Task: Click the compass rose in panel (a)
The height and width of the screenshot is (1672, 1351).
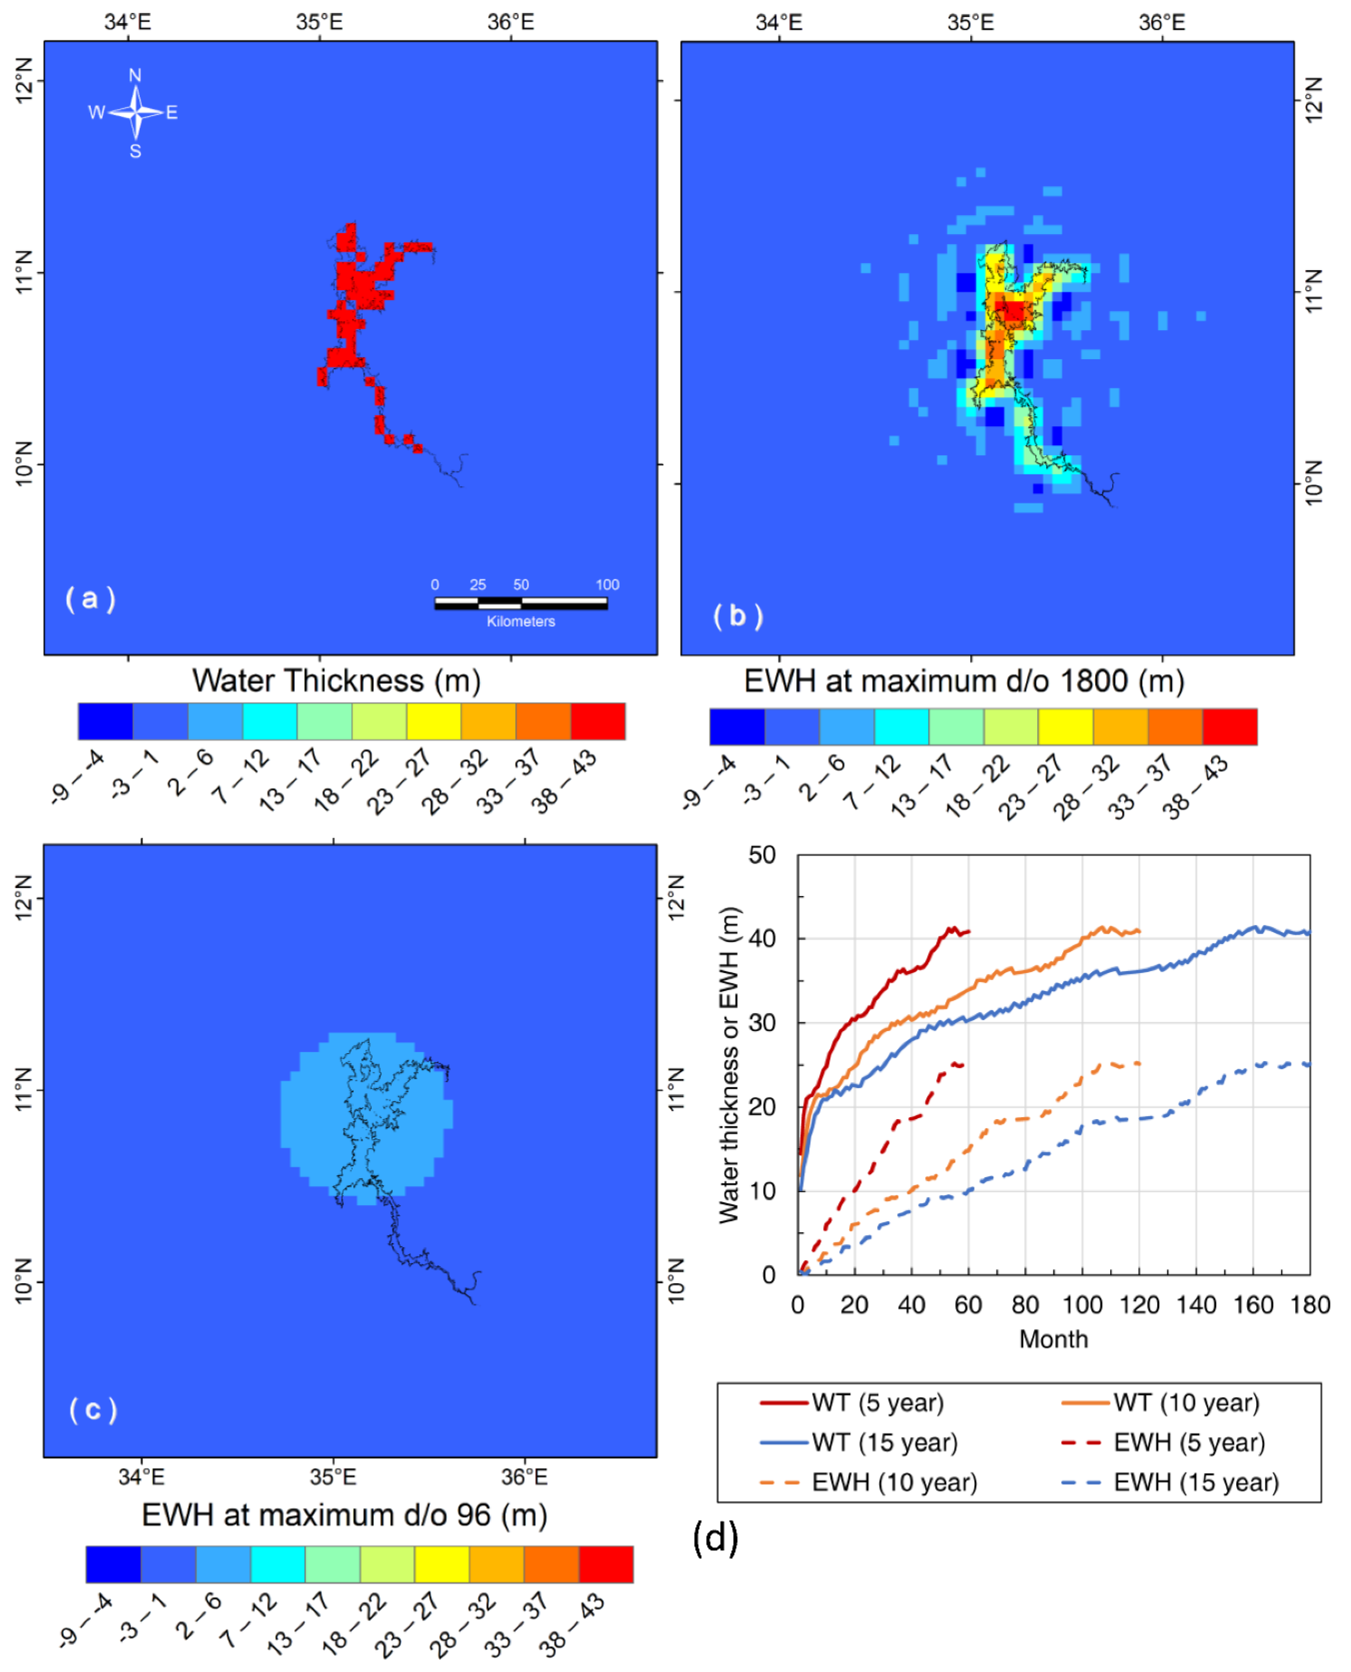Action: (135, 113)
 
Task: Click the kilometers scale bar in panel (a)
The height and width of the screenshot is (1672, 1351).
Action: (521, 603)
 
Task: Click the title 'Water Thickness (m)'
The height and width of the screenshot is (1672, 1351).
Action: (336, 681)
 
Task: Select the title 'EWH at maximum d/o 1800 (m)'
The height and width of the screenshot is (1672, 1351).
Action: (964, 681)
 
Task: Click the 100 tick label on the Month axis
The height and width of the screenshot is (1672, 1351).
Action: (1082, 1305)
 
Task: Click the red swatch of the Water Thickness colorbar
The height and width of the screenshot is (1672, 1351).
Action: (598, 721)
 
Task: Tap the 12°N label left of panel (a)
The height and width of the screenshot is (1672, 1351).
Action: (24, 80)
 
